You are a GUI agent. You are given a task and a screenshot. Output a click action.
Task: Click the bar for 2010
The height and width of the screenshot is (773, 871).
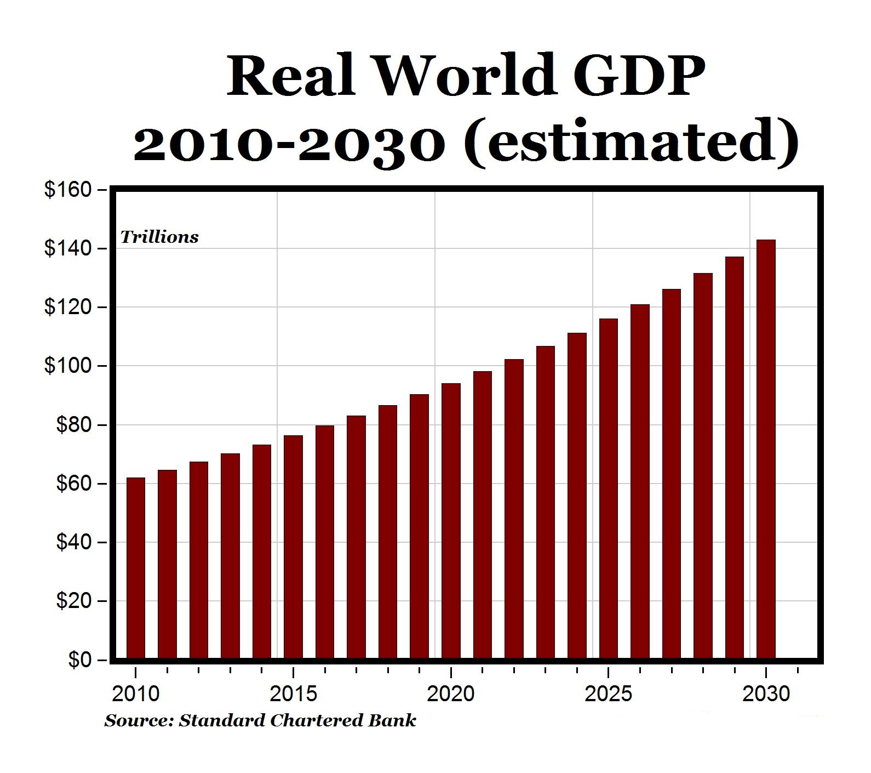[136, 568]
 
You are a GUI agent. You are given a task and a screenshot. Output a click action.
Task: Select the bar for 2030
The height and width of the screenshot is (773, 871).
[766, 450]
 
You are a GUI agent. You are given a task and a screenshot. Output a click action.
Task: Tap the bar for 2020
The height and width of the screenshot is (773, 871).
[451, 521]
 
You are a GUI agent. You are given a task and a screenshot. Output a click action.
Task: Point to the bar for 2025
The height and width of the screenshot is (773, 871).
[609, 488]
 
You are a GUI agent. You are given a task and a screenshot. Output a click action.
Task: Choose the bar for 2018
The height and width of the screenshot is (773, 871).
[388, 532]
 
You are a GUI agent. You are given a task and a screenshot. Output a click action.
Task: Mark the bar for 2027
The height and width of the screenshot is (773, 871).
[672, 474]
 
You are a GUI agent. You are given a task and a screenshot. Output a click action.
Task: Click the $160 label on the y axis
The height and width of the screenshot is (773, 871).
[67, 190]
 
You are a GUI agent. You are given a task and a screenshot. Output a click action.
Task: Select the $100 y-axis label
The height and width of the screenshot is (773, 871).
[67, 366]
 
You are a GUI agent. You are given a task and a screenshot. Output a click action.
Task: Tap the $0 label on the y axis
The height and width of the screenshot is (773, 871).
[80, 660]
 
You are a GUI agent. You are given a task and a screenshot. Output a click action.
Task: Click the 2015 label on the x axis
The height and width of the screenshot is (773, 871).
[294, 694]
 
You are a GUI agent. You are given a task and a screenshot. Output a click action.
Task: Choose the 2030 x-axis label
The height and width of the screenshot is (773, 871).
[766, 694]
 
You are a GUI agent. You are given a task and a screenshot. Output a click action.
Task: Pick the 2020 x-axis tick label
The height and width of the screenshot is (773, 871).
[451, 694]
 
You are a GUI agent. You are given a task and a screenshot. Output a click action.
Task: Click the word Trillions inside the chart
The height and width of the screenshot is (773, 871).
[159, 237]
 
